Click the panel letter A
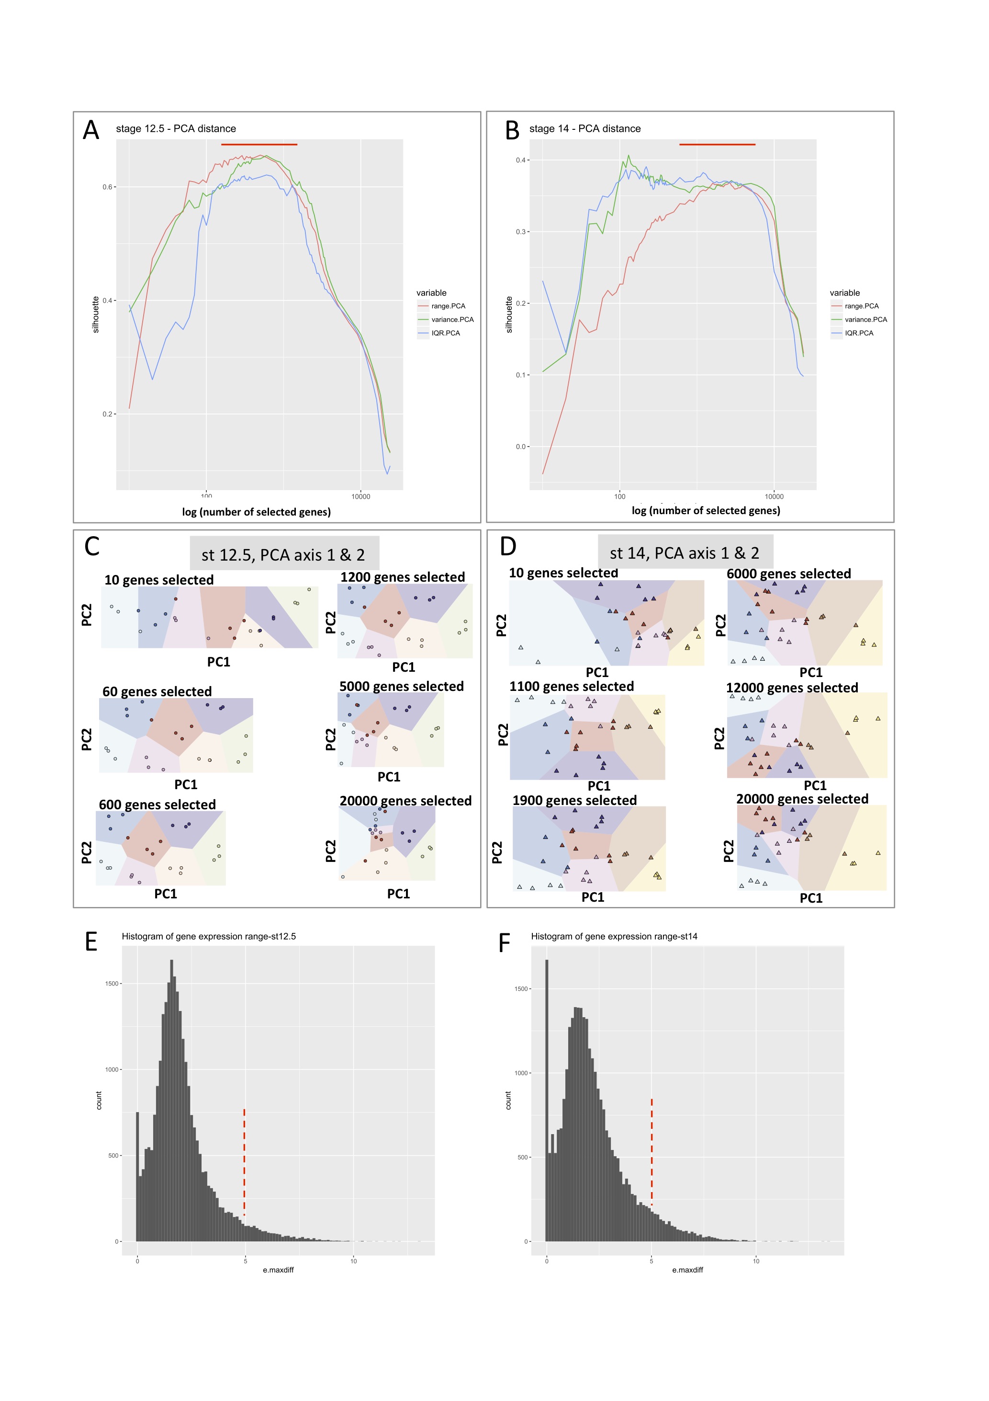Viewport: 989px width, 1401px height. [91, 130]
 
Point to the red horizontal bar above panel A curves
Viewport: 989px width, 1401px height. [259, 145]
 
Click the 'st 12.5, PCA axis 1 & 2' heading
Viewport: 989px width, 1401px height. [283, 555]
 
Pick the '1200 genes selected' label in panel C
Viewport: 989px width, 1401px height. [403, 577]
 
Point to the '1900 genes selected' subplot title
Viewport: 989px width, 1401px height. [574, 800]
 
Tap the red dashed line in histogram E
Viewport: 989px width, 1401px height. [245, 1162]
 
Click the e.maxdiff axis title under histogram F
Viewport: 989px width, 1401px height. [687, 1270]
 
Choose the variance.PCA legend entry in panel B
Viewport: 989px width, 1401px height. [865, 320]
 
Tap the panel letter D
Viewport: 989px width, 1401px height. [508, 546]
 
